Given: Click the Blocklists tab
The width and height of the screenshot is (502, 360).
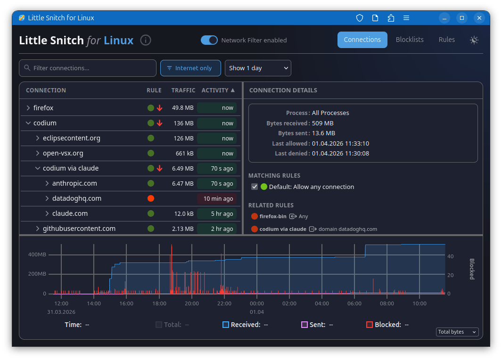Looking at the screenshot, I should [410, 40].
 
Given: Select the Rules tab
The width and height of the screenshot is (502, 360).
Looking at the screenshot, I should [446, 40].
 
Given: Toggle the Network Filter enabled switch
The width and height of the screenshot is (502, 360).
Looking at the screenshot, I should [209, 40].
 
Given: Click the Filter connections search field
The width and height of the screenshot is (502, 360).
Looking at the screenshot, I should [88, 68].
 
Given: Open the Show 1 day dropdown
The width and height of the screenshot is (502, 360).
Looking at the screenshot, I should [258, 68].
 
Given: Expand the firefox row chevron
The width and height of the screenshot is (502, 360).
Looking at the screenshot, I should [28, 108].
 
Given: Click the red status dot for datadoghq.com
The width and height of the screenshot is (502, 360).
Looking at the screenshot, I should [151, 198].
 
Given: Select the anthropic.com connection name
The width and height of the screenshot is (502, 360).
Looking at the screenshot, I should [74, 183].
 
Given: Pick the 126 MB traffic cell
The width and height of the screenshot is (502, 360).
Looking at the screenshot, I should [183, 138].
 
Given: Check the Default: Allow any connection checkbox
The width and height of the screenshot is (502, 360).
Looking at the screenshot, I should [255, 187].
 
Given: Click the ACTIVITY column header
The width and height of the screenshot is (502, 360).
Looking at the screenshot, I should [218, 90].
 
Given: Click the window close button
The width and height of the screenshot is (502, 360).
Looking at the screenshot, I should [479, 18].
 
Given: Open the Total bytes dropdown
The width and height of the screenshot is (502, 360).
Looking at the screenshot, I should [457, 332].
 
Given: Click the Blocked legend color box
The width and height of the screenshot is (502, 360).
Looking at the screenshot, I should [370, 325].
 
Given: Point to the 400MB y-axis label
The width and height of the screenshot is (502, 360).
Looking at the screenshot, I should [37, 254].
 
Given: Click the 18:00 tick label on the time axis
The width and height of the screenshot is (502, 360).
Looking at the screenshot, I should [159, 303].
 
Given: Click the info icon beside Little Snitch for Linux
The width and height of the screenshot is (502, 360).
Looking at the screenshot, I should [146, 40].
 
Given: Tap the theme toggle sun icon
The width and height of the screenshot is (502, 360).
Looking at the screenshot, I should [474, 40].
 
